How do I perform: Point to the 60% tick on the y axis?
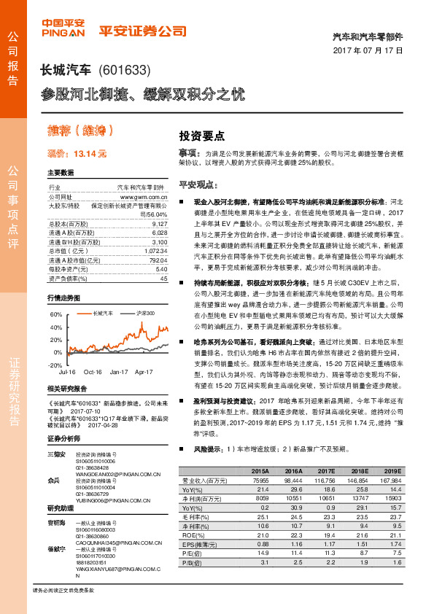[55, 314]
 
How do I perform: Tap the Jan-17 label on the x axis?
[119, 371]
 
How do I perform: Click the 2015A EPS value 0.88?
[261, 543]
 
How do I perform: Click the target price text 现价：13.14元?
[77, 155]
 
